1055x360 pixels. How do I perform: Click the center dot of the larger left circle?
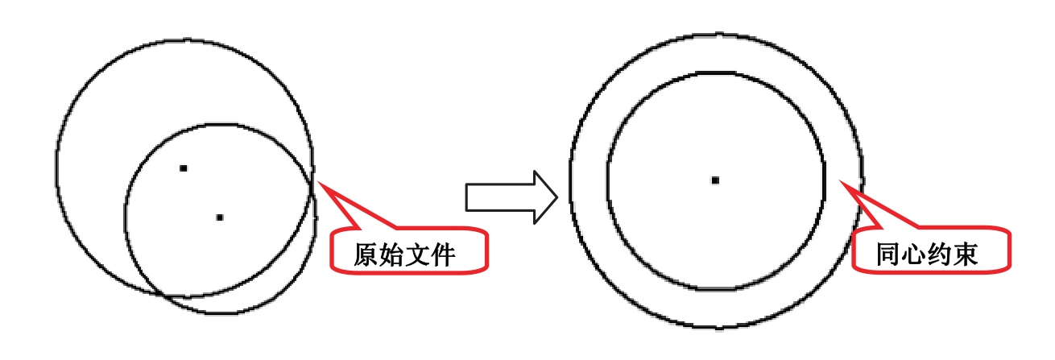[184, 168]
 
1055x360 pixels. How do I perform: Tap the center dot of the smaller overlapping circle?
[220, 217]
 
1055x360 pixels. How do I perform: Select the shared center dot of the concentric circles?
[715, 180]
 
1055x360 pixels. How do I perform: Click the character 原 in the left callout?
[367, 254]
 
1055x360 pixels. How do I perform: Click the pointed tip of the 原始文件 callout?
[320, 182]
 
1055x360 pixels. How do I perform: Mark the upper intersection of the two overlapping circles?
[310, 172]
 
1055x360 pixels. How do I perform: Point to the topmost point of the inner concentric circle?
[715, 72]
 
